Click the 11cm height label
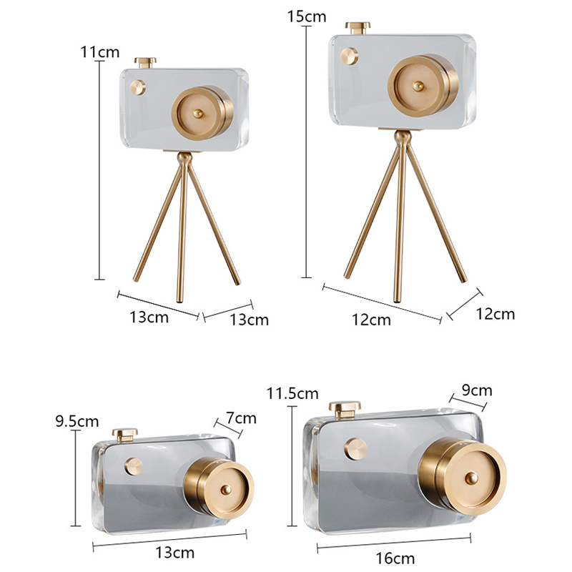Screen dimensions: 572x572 100,52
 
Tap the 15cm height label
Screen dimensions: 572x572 307,16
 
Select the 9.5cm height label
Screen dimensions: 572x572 77,421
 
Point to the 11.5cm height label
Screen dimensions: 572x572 292,393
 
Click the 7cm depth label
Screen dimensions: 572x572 241,418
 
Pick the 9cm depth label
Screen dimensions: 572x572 477,390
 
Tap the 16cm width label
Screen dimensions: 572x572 395,558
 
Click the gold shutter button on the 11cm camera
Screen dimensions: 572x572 145,63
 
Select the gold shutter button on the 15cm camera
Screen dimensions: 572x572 358,28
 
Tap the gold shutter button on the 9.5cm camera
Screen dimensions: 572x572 124,435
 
